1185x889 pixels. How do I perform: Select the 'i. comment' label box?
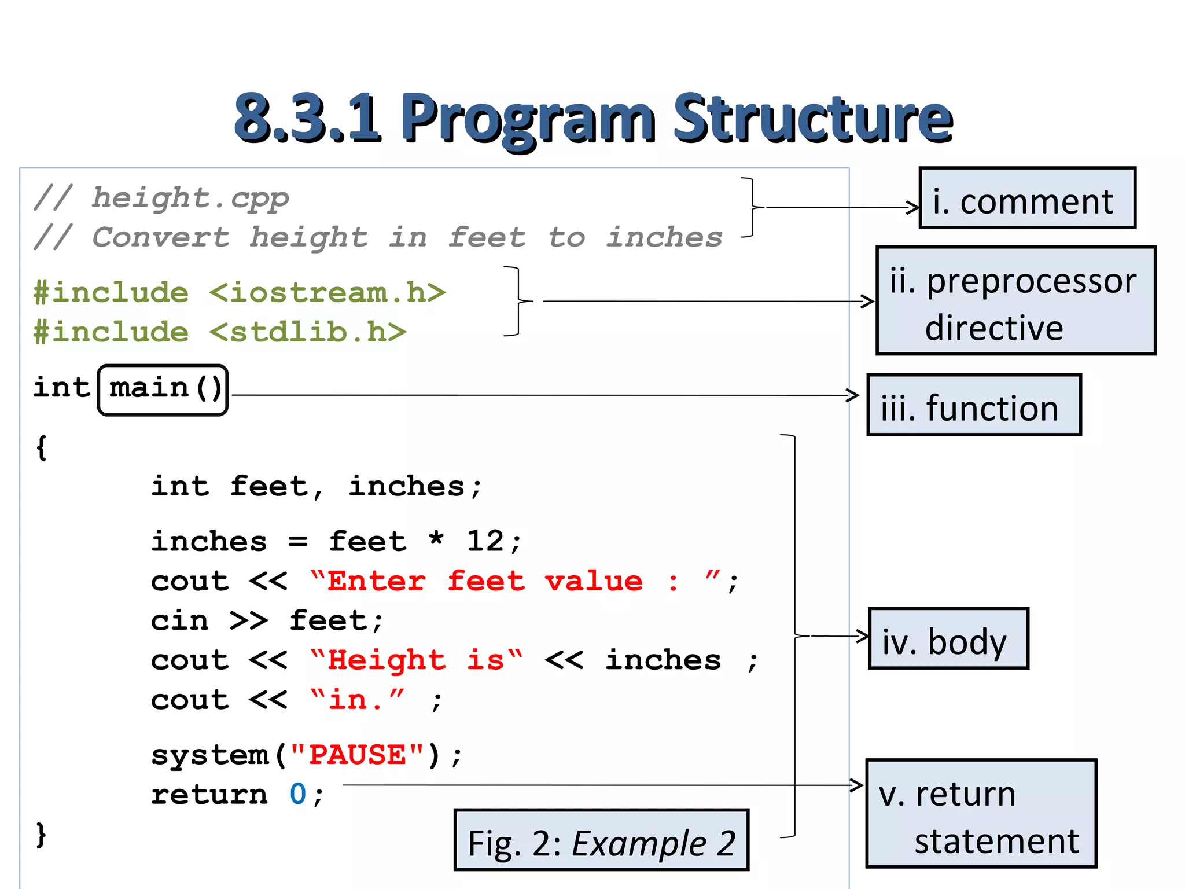[x=1027, y=199]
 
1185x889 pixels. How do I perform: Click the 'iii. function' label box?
[x=974, y=405]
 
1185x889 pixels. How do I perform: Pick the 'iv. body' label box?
[x=948, y=638]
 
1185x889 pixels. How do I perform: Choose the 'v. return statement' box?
[x=981, y=813]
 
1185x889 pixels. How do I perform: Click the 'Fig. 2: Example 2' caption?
[x=601, y=840]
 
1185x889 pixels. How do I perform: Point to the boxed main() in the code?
[x=163, y=390]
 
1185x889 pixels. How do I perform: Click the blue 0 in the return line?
[x=297, y=794]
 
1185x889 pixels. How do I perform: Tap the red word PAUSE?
[x=358, y=755]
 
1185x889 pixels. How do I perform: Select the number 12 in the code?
[x=485, y=542]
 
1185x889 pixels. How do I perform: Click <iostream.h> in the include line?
[x=327, y=293]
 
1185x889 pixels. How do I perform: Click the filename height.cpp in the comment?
[x=190, y=199]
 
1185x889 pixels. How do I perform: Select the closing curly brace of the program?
[x=41, y=835]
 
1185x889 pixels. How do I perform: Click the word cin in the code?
[x=179, y=621]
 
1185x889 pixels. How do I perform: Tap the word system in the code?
[x=209, y=755]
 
